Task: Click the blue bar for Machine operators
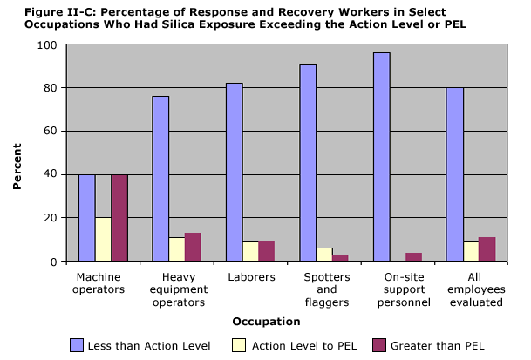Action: click(86, 218)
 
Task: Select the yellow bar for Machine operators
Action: click(103, 239)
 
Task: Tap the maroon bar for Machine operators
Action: click(119, 218)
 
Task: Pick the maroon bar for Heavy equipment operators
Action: click(193, 247)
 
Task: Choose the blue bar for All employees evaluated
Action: click(454, 174)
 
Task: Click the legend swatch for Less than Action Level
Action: click(77, 345)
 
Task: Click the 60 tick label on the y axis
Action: click(52, 132)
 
